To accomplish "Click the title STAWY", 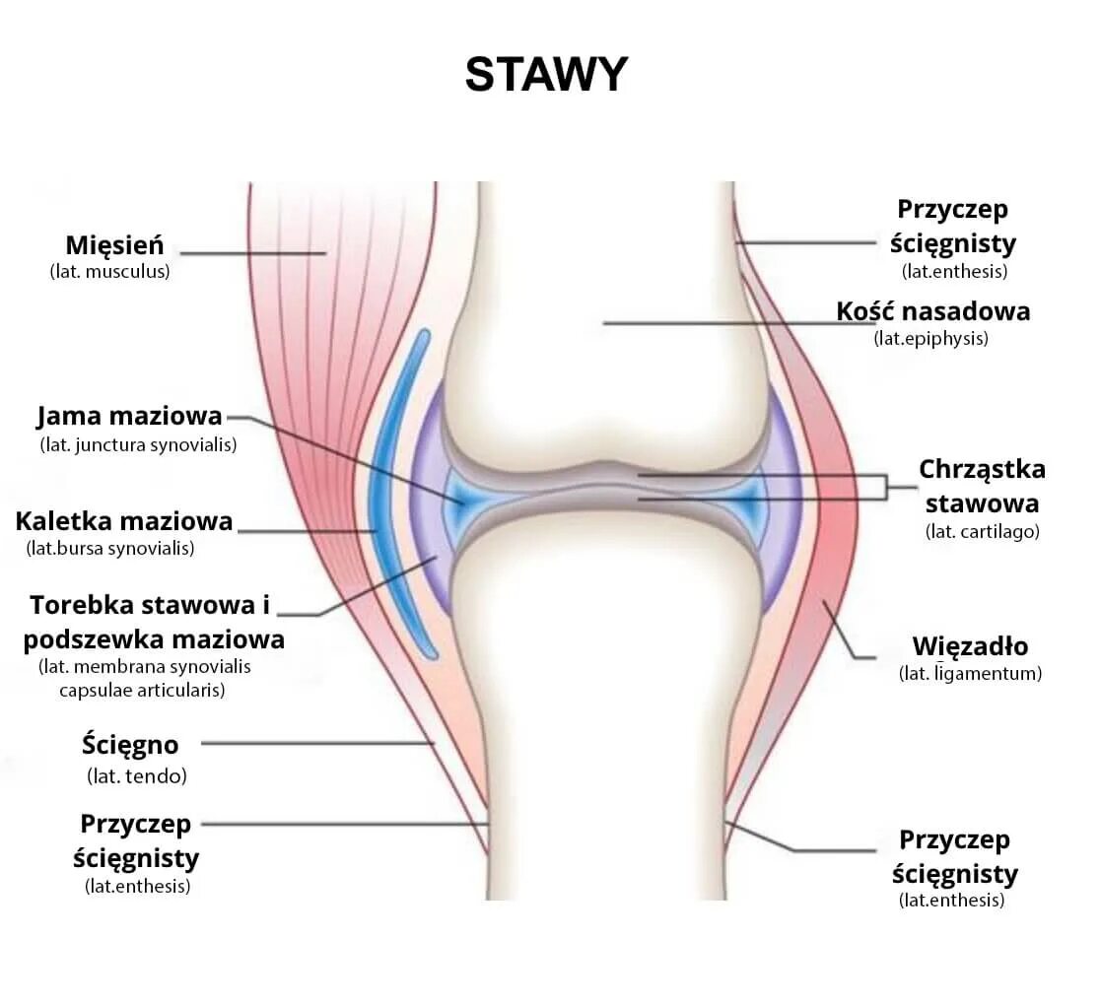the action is (x=546, y=75).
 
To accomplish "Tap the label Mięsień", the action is (x=114, y=244).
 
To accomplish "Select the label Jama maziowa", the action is (x=129, y=417).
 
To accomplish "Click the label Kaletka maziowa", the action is (x=124, y=520).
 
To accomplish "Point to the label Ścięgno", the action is (x=130, y=744).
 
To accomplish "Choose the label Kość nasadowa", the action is (x=932, y=311).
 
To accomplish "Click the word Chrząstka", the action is (x=982, y=469).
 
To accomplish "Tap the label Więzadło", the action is (x=970, y=647).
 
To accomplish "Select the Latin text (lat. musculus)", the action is (x=109, y=272).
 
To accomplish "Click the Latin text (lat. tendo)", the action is (x=137, y=776).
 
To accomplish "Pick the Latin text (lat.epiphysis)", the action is (x=930, y=339).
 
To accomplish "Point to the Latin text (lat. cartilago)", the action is (x=982, y=532).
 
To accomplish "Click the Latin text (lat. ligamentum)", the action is (x=970, y=675).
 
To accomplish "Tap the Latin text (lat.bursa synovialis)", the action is (x=110, y=548).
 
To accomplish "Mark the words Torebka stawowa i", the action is (x=149, y=605).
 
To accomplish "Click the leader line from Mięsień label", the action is (x=252, y=253).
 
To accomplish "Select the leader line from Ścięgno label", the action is (x=315, y=744).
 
